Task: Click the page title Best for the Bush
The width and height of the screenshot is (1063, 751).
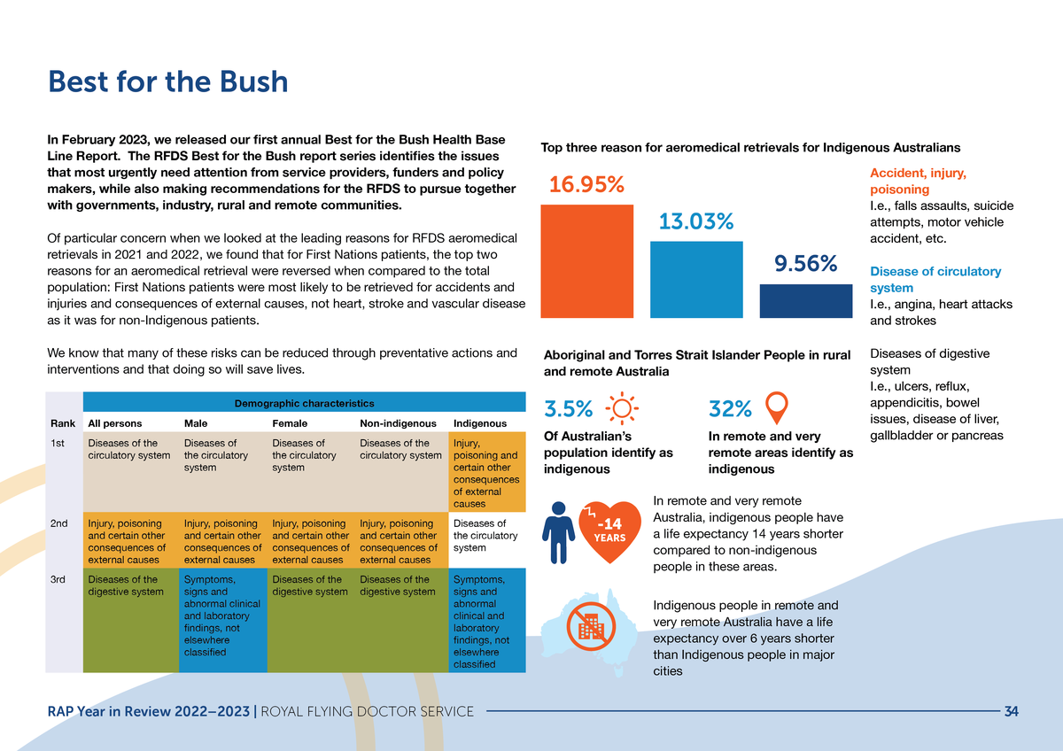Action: click(x=167, y=81)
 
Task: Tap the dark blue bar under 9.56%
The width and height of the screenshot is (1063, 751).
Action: click(x=806, y=300)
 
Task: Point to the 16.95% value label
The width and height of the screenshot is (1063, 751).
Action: click(x=586, y=186)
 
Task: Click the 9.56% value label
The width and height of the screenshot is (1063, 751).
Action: click(x=805, y=264)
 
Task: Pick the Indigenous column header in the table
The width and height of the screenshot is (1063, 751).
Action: click(x=479, y=423)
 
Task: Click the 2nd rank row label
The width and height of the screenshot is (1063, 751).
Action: click(x=59, y=523)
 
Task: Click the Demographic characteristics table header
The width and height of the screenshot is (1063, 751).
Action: click(x=304, y=404)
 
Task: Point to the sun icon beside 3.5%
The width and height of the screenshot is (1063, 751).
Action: click(x=619, y=409)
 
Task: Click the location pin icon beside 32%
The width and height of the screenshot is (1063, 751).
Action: click(x=776, y=406)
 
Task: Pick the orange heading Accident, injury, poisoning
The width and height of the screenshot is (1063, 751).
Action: click(x=918, y=182)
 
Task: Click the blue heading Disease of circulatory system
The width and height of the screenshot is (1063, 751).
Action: click(x=935, y=279)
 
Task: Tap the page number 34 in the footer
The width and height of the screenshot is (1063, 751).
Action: click(x=1012, y=711)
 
